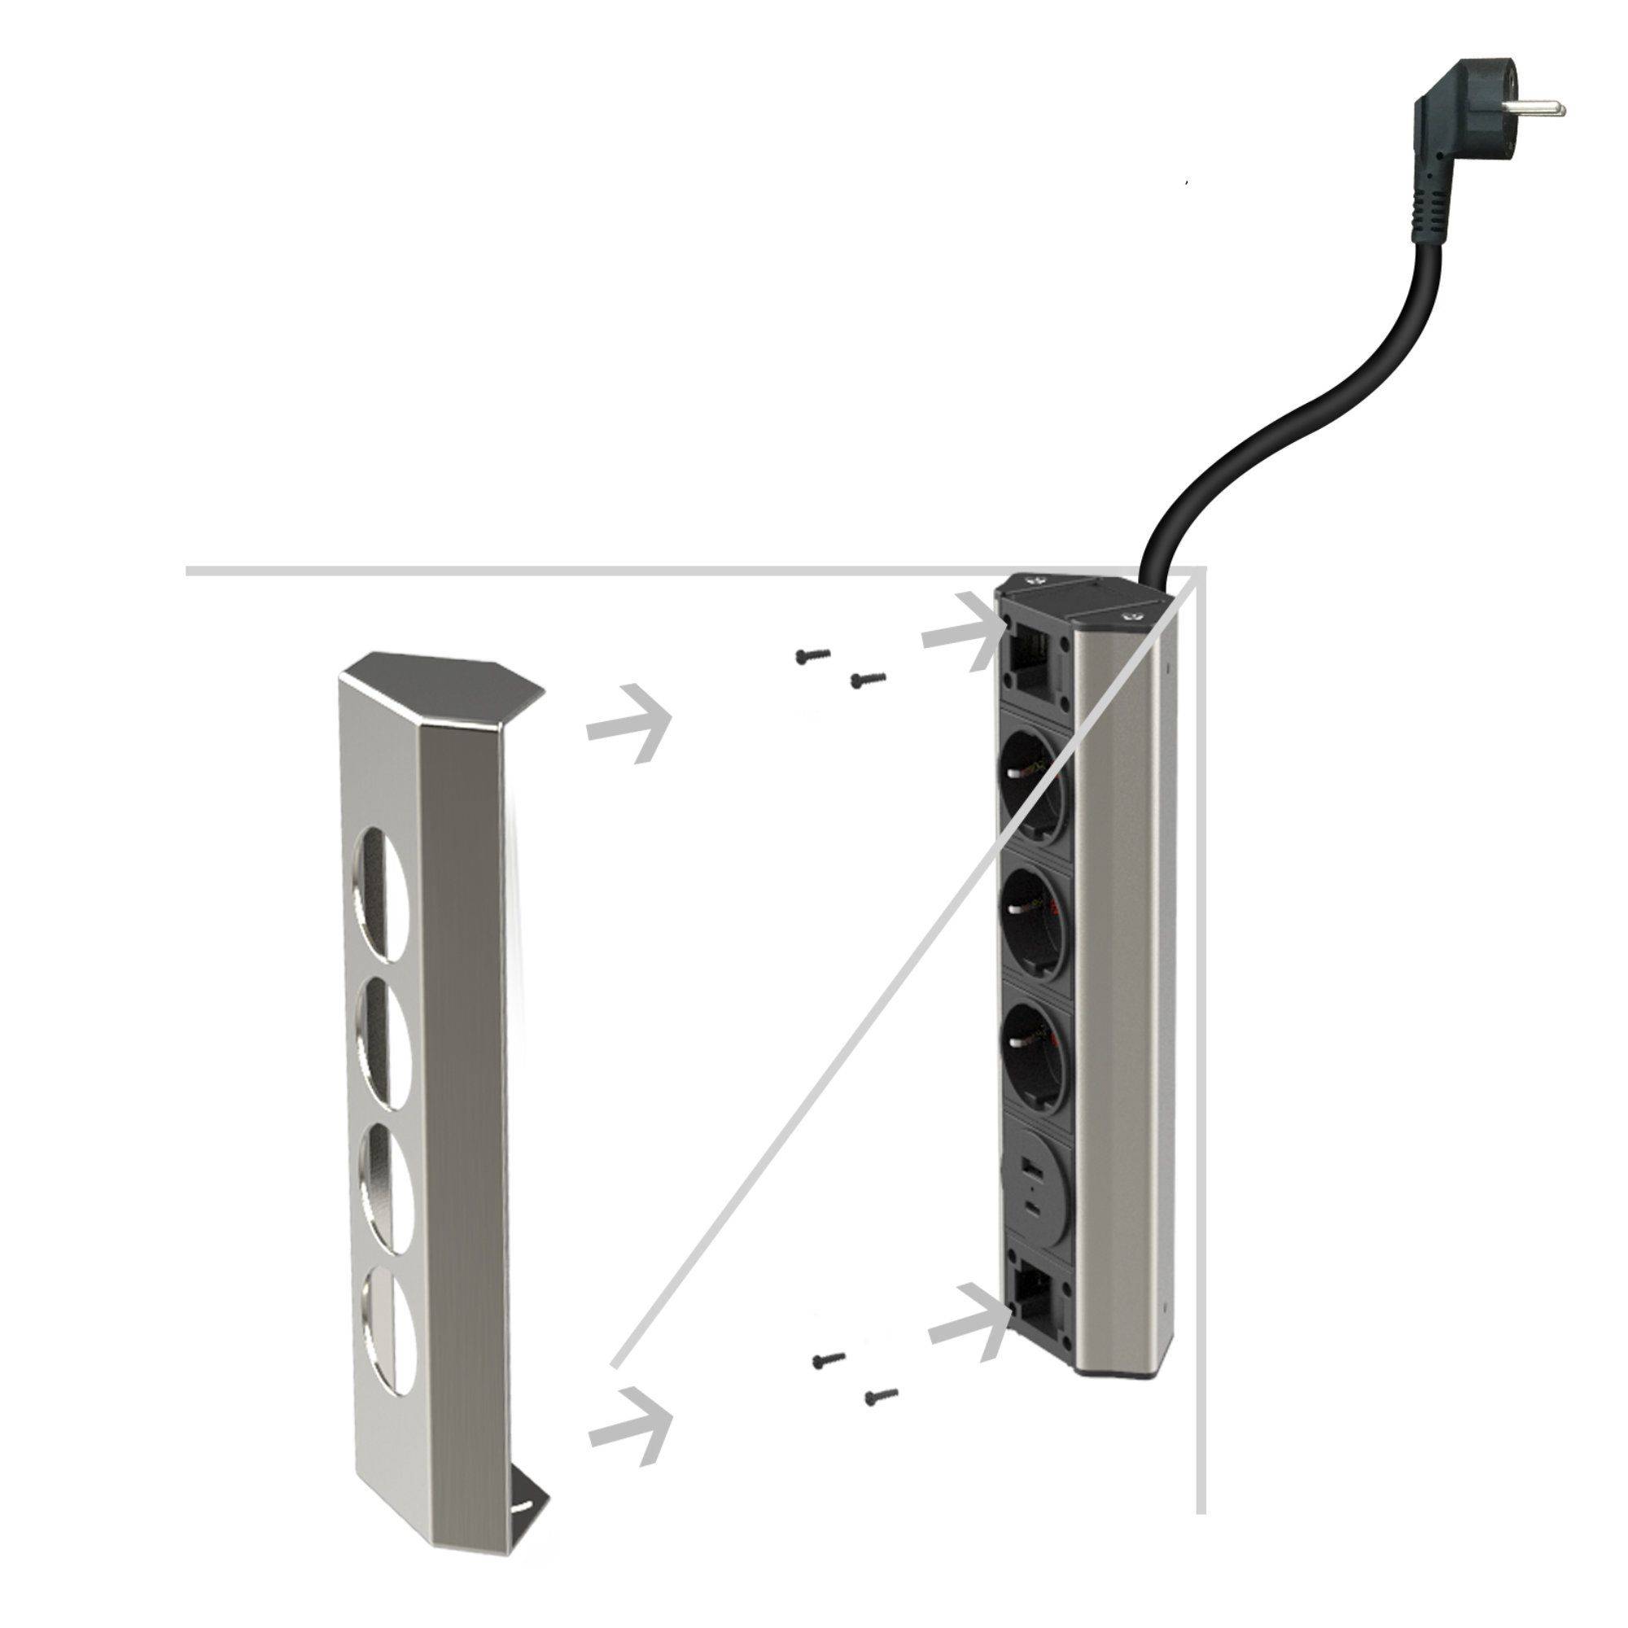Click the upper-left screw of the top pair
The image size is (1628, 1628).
coord(812,654)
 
